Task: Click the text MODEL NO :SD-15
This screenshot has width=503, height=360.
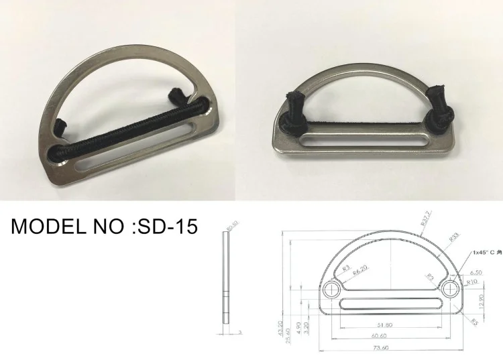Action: click(104, 227)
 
